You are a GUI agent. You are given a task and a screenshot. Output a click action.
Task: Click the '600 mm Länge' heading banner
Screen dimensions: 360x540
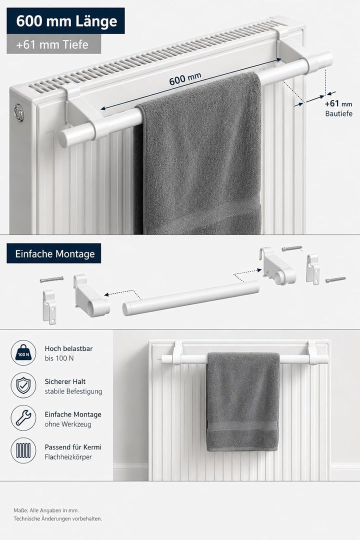tap(65, 20)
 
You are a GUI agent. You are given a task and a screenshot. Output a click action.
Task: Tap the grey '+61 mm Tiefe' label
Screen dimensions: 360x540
tap(53, 44)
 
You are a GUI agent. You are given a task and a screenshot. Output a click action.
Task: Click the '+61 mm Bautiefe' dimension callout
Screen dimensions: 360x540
tap(338, 108)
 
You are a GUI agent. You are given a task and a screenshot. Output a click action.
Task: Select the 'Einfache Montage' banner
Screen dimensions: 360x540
tap(53, 253)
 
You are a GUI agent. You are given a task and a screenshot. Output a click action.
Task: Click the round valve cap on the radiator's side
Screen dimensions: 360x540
tap(19, 113)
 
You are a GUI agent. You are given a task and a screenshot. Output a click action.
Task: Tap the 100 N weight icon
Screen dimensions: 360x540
tap(23, 352)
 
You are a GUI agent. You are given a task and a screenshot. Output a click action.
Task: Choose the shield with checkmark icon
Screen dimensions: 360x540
tap(23, 385)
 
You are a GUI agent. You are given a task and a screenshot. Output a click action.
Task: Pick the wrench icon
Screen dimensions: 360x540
tap(23, 417)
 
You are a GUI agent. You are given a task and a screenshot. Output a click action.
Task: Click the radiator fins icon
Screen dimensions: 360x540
tap(23, 450)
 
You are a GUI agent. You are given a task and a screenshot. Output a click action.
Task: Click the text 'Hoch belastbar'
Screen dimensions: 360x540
tap(68, 348)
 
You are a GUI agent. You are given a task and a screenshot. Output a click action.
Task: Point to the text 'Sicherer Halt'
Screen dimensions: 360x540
tap(65, 381)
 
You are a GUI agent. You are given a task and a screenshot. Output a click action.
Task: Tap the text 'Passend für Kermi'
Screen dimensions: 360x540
tap(73, 447)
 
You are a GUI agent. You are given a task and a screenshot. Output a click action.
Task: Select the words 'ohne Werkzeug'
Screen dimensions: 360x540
tap(68, 424)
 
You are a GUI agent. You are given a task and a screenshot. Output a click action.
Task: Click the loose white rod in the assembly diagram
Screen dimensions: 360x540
tap(191, 298)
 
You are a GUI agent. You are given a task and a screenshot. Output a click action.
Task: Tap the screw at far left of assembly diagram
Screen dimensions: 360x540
tap(51, 279)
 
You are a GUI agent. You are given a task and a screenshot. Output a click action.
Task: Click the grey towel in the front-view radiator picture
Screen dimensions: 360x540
tap(243, 401)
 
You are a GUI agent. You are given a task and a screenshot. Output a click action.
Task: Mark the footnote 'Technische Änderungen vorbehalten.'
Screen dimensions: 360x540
tap(58, 518)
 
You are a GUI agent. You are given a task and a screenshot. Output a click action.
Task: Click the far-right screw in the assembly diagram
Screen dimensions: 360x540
tap(335, 279)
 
